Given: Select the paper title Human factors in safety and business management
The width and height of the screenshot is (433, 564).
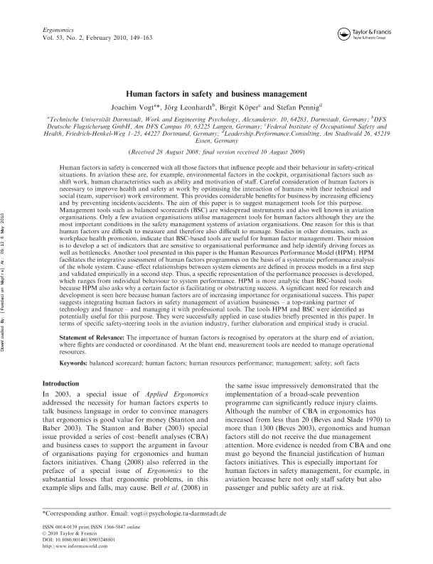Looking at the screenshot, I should click(x=217, y=93).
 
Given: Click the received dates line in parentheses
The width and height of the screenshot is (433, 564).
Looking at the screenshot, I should click(x=217, y=152).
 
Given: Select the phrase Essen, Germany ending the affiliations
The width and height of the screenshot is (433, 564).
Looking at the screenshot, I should click(x=216, y=140).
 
